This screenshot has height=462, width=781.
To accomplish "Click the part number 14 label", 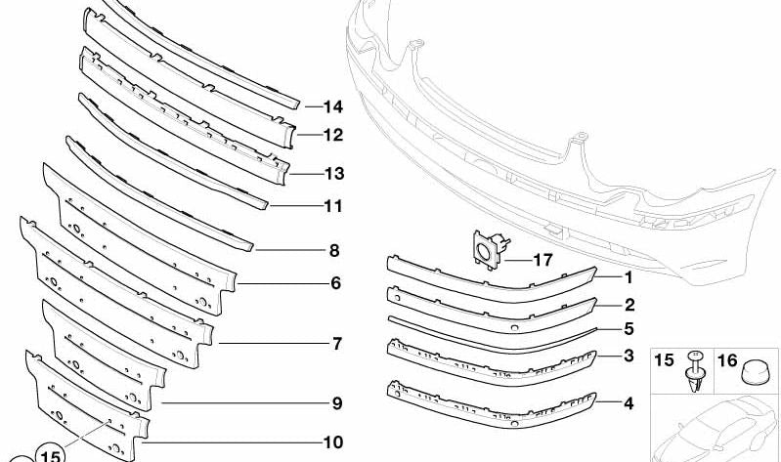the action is click(x=333, y=106).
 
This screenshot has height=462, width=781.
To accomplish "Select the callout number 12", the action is click(x=333, y=135).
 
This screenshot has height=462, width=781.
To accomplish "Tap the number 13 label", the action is click(x=334, y=174).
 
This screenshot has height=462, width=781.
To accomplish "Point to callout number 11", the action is click(x=333, y=206).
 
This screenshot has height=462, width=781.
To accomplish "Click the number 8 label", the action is click(x=334, y=250).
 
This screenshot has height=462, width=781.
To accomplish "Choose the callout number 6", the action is click(x=336, y=283).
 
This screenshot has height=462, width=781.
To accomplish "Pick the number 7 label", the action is click(x=337, y=344).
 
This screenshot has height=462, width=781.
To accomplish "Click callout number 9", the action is click(x=337, y=403).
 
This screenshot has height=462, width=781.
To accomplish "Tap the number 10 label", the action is click(x=333, y=442).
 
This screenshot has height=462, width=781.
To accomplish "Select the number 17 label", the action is click(x=542, y=260).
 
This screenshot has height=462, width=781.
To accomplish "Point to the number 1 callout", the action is click(x=629, y=277).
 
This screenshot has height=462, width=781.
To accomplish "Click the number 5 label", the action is click(x=629, y=328).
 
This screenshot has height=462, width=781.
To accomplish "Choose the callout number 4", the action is click(x=629, y=403).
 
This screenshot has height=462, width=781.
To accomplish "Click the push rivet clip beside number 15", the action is click(x=696, y=371).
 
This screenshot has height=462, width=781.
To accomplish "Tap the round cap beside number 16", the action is click(x=753, y=373).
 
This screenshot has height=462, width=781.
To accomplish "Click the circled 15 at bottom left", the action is click(x=50, y=454).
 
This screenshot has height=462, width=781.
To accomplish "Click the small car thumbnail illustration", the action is click(x=716, y=429).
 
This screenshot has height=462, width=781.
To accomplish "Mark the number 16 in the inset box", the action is click(x=727, y=360).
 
